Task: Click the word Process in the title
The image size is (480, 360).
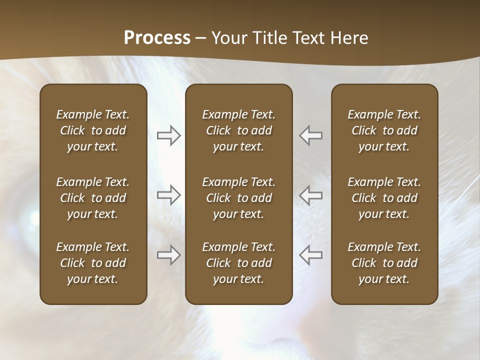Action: coord(157,37)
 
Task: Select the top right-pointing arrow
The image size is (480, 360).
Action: coord(169,135)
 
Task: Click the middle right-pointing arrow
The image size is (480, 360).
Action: coord(169,195)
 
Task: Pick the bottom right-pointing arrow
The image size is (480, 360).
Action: coord(169,255)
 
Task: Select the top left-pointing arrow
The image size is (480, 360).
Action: coord(310,135)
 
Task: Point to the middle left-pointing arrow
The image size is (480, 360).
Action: coord(310,195)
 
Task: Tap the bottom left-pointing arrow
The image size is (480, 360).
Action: coord(310,255)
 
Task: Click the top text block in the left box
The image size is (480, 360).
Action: coord(93,130)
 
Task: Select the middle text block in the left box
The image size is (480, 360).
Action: coord(93,198)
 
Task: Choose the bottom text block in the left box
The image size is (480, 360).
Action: coord(93,263)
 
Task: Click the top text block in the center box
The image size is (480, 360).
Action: coord(238,130)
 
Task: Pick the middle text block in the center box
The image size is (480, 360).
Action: coord(238,198)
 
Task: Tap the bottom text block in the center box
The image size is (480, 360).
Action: coord(238,263)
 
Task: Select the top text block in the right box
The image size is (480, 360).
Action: coord(384,130)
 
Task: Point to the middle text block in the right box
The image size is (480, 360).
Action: coord(384,198)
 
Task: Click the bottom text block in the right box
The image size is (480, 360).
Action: coord(384,263)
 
